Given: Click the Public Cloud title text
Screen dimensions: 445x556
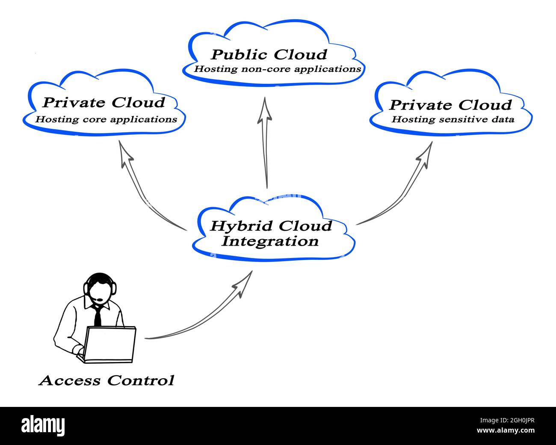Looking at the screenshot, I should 269,55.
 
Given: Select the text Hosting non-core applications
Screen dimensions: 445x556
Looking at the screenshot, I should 278,69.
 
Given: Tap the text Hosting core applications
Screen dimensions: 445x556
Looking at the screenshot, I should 106,119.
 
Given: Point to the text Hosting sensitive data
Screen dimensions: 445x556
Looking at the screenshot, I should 452,120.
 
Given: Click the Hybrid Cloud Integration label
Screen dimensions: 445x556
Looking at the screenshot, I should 270,233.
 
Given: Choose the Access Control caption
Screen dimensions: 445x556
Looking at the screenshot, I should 106,380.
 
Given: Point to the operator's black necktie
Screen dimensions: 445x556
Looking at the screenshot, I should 98,316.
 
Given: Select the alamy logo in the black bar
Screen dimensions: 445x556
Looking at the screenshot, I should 43,425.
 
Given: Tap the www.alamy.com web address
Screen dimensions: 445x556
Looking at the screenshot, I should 506,430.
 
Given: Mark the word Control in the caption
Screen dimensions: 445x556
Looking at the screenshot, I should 140,380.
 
